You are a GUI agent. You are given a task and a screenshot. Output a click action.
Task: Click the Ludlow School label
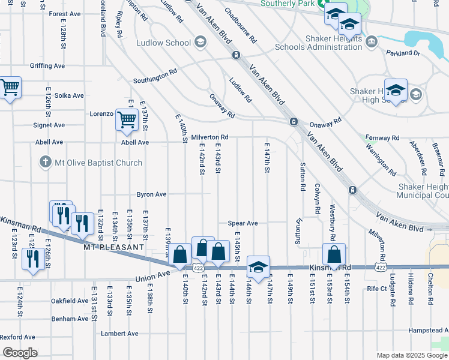[163, 43]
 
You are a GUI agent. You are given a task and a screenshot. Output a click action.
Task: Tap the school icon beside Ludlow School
[200, 42]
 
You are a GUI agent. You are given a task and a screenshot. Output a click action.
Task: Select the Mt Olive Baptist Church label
[98, 163]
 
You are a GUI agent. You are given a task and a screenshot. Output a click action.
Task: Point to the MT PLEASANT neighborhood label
[113, 247]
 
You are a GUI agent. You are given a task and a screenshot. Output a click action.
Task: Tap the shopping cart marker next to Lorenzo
[127, 119]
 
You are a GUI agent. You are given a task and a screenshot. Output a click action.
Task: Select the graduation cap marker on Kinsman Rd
[258, 267]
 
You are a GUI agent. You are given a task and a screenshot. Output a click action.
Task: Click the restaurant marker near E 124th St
[32, 258]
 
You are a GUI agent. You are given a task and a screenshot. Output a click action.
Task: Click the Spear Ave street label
[243, 223]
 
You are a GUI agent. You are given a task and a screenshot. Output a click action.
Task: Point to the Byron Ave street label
[151, 194]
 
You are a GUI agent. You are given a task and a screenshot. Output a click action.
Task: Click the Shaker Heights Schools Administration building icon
[372, 41]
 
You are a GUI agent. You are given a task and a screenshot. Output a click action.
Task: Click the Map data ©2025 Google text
[411, 355]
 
